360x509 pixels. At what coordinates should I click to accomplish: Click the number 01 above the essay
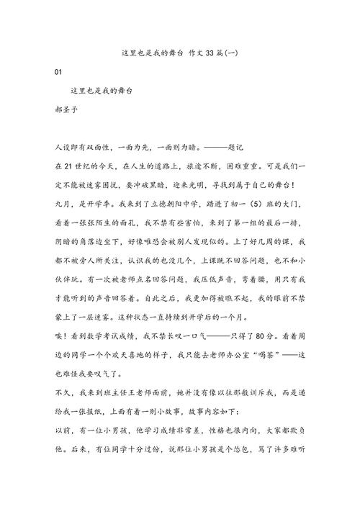(x=59, y=73)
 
